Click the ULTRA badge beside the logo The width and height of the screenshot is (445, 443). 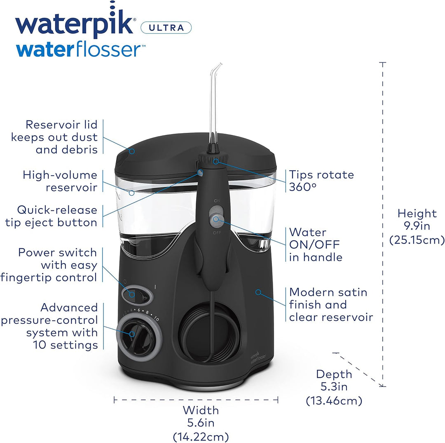166,28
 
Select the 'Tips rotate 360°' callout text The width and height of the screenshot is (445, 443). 321,181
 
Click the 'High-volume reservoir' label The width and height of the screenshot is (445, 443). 60,181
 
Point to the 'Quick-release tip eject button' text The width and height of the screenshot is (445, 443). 51,216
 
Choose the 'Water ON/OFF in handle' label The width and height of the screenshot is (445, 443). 316,245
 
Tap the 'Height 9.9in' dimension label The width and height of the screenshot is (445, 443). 417,226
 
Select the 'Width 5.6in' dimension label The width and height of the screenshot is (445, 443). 201,423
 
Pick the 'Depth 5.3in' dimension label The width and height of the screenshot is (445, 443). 334,387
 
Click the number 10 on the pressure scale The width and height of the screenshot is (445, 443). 156,318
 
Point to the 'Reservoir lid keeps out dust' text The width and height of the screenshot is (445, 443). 54,137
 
